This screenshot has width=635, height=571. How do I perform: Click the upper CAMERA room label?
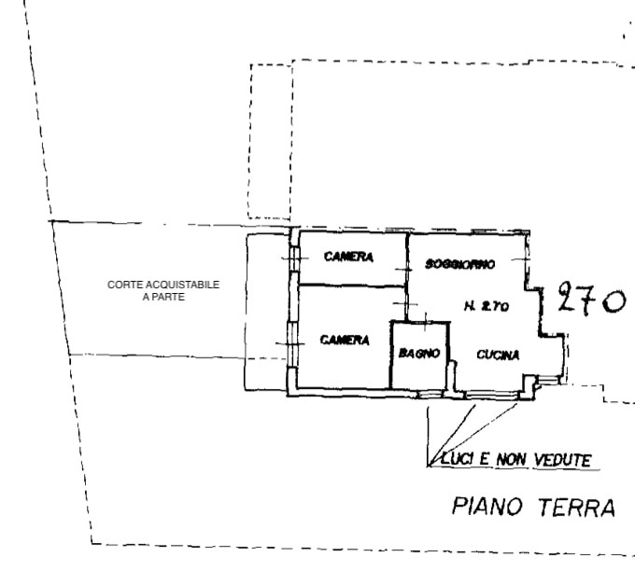pyautogui.click(x=348, y=257)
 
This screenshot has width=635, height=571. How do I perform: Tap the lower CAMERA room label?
pyautogui.click(x=345, y=340)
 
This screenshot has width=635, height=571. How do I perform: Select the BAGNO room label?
pyautogui.click(x=419, y=354)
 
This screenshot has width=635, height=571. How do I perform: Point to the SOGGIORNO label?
pyautogui.click(x=459, y=264)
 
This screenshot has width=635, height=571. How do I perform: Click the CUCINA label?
pyautogui.click(x=498, y=355)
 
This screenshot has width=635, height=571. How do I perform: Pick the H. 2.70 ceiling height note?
pyautogui.click(x=486, y=306)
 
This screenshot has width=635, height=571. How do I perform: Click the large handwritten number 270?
pyautogui.click(x=591, y=299)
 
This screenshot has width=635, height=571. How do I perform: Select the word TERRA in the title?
pyautogui.click(x=577, y=508)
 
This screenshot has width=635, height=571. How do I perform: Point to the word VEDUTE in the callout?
pyautogui.click(x=562, y=460)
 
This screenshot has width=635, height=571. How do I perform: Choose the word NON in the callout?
pyautogui.click(x=511, y=459)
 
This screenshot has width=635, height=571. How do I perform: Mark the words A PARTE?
pyautogui.click(x=163, y=297)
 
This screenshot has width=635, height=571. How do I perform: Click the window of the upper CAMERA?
pyautogui.click(x=294, y=259)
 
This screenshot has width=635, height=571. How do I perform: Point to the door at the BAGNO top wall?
pyautogui.click(x=425, y=322)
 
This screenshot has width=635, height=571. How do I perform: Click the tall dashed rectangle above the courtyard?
pyautogui.click(x=271, y=142)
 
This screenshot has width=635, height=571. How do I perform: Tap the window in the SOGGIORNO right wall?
pyautogui.click(x=527, y=259)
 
